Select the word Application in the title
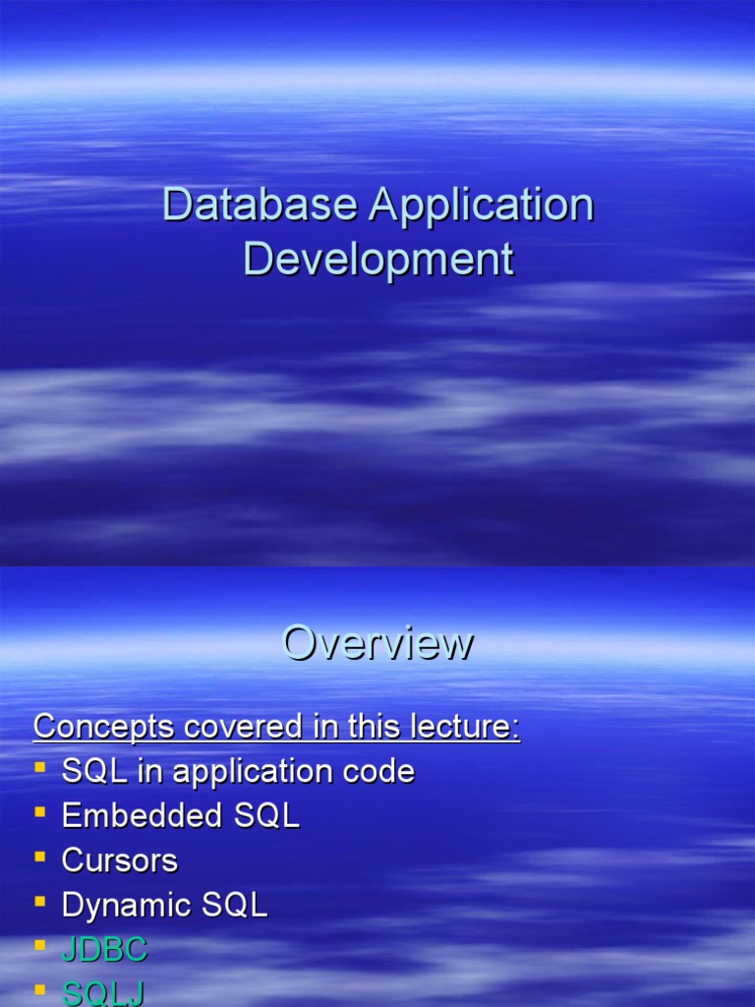click(482, 206)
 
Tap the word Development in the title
click(378, 260)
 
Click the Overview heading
click(377, 643)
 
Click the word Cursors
click(119, 860)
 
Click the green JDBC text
click(104, 950)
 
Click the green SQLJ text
click(103, 994)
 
